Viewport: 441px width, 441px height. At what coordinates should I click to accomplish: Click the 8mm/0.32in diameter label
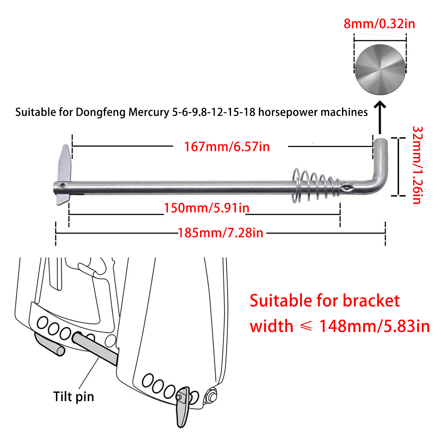point(379,24)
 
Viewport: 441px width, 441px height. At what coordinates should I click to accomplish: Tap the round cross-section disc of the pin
point(380,70)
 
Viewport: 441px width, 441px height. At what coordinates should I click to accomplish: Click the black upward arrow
point(380,117)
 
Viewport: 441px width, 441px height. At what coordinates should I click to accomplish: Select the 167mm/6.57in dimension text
point(227,146)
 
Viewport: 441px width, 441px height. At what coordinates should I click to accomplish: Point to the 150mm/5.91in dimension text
point(206,208)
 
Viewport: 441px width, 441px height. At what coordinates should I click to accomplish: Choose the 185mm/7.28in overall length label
point(220,233)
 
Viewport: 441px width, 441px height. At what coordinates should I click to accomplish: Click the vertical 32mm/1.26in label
point(418,165)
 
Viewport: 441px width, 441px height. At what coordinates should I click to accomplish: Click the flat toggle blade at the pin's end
point(64,175)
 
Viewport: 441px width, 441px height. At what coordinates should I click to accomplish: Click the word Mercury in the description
point(149,112)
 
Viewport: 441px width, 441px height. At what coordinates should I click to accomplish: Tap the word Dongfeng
point(101,112)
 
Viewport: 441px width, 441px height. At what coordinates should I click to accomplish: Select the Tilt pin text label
point(74,397)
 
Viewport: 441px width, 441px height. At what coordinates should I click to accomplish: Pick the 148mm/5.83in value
point(374,326)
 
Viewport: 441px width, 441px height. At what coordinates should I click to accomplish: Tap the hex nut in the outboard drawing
point(211,396)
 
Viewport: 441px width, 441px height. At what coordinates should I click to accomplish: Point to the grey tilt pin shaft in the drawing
point(95,349)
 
